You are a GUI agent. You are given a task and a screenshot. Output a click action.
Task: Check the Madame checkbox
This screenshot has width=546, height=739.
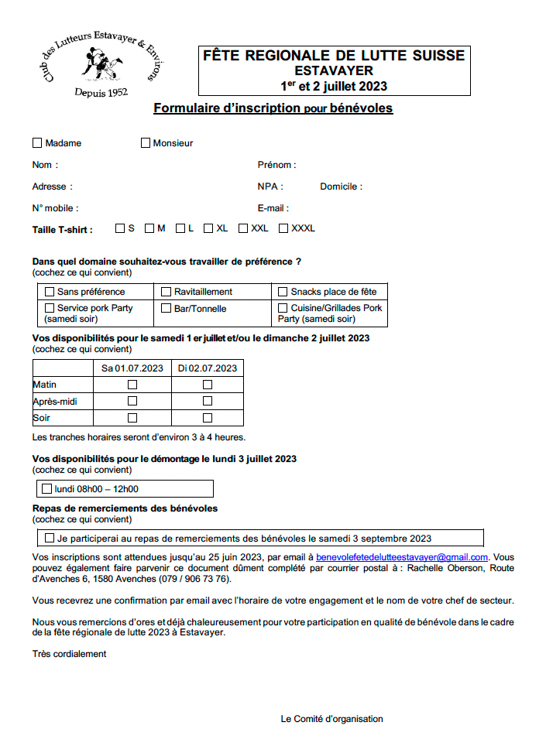(37, 142)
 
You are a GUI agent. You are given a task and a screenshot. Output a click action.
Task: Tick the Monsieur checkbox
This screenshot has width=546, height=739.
(146, 142)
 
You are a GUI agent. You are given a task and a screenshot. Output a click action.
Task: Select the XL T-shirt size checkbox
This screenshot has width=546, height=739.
(208, 228)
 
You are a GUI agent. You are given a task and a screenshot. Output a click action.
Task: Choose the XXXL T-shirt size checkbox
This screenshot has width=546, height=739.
(283, 228)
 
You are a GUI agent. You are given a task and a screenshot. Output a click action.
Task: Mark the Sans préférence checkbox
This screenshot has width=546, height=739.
(50, 292)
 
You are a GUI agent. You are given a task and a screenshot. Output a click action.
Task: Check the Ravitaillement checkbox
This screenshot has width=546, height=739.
(167, 292)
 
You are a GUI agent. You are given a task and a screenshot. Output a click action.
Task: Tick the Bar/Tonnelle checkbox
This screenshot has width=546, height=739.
(167, 308)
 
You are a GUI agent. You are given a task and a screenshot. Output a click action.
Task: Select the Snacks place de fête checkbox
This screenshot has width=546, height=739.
(283, 292)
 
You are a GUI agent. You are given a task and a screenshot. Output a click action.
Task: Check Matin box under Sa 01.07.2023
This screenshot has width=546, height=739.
(132, 385)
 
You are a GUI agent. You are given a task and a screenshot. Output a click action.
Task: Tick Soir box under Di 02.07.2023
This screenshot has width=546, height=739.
(208, 418)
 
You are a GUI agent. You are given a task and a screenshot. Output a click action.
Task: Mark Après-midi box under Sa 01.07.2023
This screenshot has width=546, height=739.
(132, 401)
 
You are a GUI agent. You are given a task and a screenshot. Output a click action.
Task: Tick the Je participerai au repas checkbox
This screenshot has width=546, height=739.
(50, 538)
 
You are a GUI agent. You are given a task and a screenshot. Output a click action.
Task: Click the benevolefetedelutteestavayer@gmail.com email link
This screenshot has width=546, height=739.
(402, 557)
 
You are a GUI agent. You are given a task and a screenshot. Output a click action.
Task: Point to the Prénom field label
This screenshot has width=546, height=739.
(276, 165)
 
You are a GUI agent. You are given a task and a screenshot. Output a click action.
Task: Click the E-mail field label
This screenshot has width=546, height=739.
(273, 208)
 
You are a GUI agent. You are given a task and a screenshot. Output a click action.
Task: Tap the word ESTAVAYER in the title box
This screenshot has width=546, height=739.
(334, 70)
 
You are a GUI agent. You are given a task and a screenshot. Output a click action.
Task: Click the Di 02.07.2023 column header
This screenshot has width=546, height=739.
(208, 368)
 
